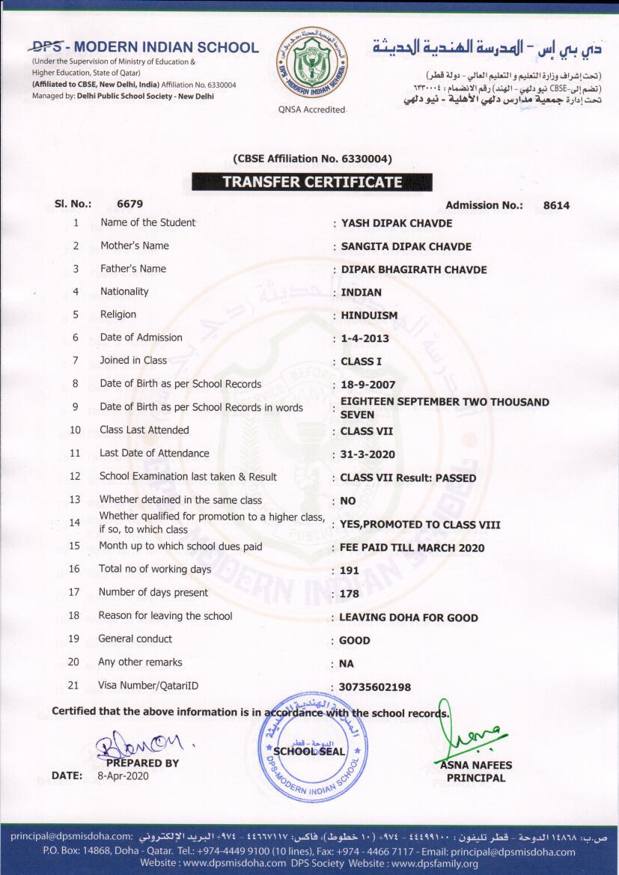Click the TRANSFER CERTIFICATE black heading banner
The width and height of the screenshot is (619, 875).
tap(311, 182)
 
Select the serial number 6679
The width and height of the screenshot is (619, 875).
tap(130, 204)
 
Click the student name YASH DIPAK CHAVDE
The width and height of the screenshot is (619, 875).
tap(397, 223)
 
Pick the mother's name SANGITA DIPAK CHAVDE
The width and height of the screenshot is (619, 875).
tap(406, 246)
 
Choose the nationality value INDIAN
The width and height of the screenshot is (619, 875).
tap(361, 293)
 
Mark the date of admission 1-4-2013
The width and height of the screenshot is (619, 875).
tap(365, 338)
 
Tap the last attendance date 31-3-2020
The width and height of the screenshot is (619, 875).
tap(368, 454)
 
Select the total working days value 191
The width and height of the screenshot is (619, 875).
tap(349, 570)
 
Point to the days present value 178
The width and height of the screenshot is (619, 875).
tap(349, 594)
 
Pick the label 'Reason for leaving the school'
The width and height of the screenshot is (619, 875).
tap(165, 616)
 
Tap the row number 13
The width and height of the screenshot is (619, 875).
tap(75, 499)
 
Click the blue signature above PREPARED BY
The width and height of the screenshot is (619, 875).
tap(142, 743)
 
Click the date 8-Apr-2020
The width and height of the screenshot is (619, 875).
tap(124, 776)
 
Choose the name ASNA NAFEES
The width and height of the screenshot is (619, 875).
tap(476, 765)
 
